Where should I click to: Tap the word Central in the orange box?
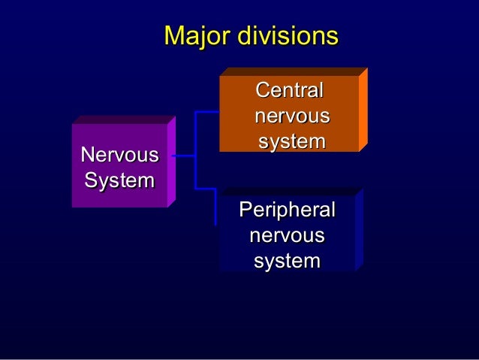[x=290, y=91]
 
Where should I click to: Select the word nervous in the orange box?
[x=291, y=116]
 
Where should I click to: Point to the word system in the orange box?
[x=291, y=141]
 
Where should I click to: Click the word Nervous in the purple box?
[x=120, y=156]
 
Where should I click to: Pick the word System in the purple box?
[x=120, y=180]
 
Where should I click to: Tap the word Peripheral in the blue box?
[x=287, y=210]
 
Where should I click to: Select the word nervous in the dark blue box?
[x=287, y=236]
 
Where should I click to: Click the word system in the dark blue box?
[x=287, y=262]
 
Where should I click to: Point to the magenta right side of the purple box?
[x=171, y=161]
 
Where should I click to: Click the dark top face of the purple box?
[x=120, y=119]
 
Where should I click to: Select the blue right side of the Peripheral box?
[x=359, y=229]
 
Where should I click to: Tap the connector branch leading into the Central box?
[x=207, y=112]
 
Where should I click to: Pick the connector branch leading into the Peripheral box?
[x=207, y=187]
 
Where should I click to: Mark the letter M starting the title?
[x=173, y=36]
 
